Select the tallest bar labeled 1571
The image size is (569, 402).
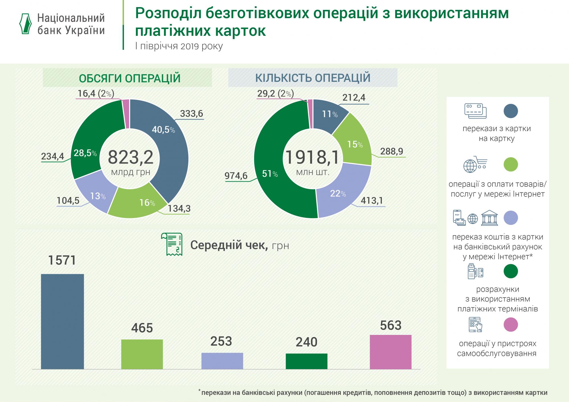(x=62, y=321)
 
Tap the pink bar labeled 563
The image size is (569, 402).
(x=391, y=352)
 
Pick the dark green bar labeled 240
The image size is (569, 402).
(x=306, y=361)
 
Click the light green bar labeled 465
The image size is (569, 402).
(x=142, y=354)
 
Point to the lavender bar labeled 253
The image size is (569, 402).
(x=222, y=361)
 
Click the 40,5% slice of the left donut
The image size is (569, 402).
(x=168, y=142)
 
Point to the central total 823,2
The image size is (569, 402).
(x=131, y=157)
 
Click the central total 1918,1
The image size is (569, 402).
(x=312, y=157)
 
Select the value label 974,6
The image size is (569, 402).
(x=236, y=176)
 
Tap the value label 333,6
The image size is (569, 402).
(x=191, y=114)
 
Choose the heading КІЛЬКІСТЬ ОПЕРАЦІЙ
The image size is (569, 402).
(x=313, y=78)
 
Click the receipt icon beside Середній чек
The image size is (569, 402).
(x=172, y=244)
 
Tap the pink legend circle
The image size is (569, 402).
(x=511, y=325)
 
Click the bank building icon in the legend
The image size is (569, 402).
(x=489, y=218)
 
